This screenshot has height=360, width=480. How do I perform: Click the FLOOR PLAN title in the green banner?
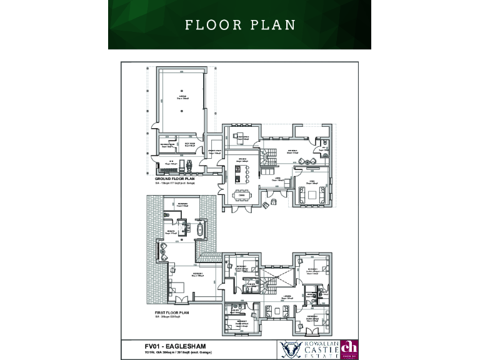240,25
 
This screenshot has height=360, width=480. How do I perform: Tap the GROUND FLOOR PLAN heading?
172,179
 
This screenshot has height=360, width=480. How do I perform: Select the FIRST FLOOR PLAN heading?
172,311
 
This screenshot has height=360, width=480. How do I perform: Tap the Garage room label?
182,96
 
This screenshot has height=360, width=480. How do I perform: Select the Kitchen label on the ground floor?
241,160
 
